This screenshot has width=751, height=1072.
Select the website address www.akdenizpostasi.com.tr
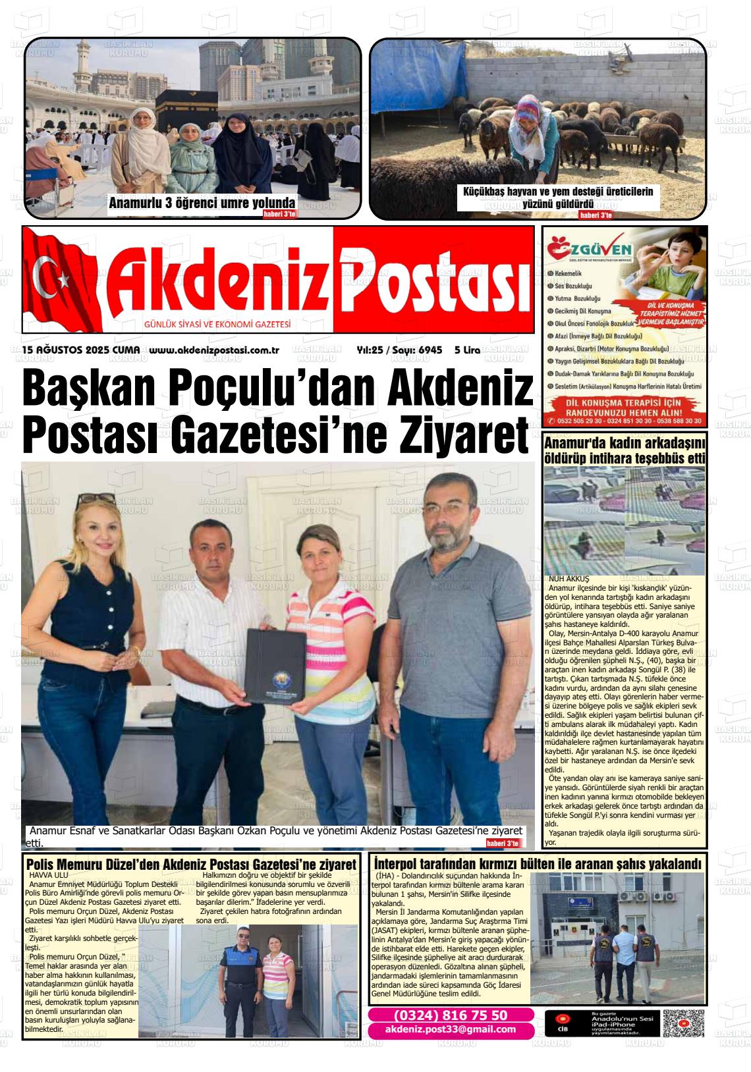point(215,350)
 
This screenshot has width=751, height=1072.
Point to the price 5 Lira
point(467,350)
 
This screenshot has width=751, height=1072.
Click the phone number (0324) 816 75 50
point(451,1015)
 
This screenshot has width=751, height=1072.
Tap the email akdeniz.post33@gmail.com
point(451,1030)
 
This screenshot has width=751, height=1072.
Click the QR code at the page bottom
point(683,1023)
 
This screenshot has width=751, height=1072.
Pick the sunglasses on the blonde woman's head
point(95,499)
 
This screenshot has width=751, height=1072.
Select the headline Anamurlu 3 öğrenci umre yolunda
point(202,203)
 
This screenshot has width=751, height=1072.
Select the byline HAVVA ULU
point(49,875)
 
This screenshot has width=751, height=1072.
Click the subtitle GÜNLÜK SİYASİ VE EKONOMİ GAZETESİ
point(217,325)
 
